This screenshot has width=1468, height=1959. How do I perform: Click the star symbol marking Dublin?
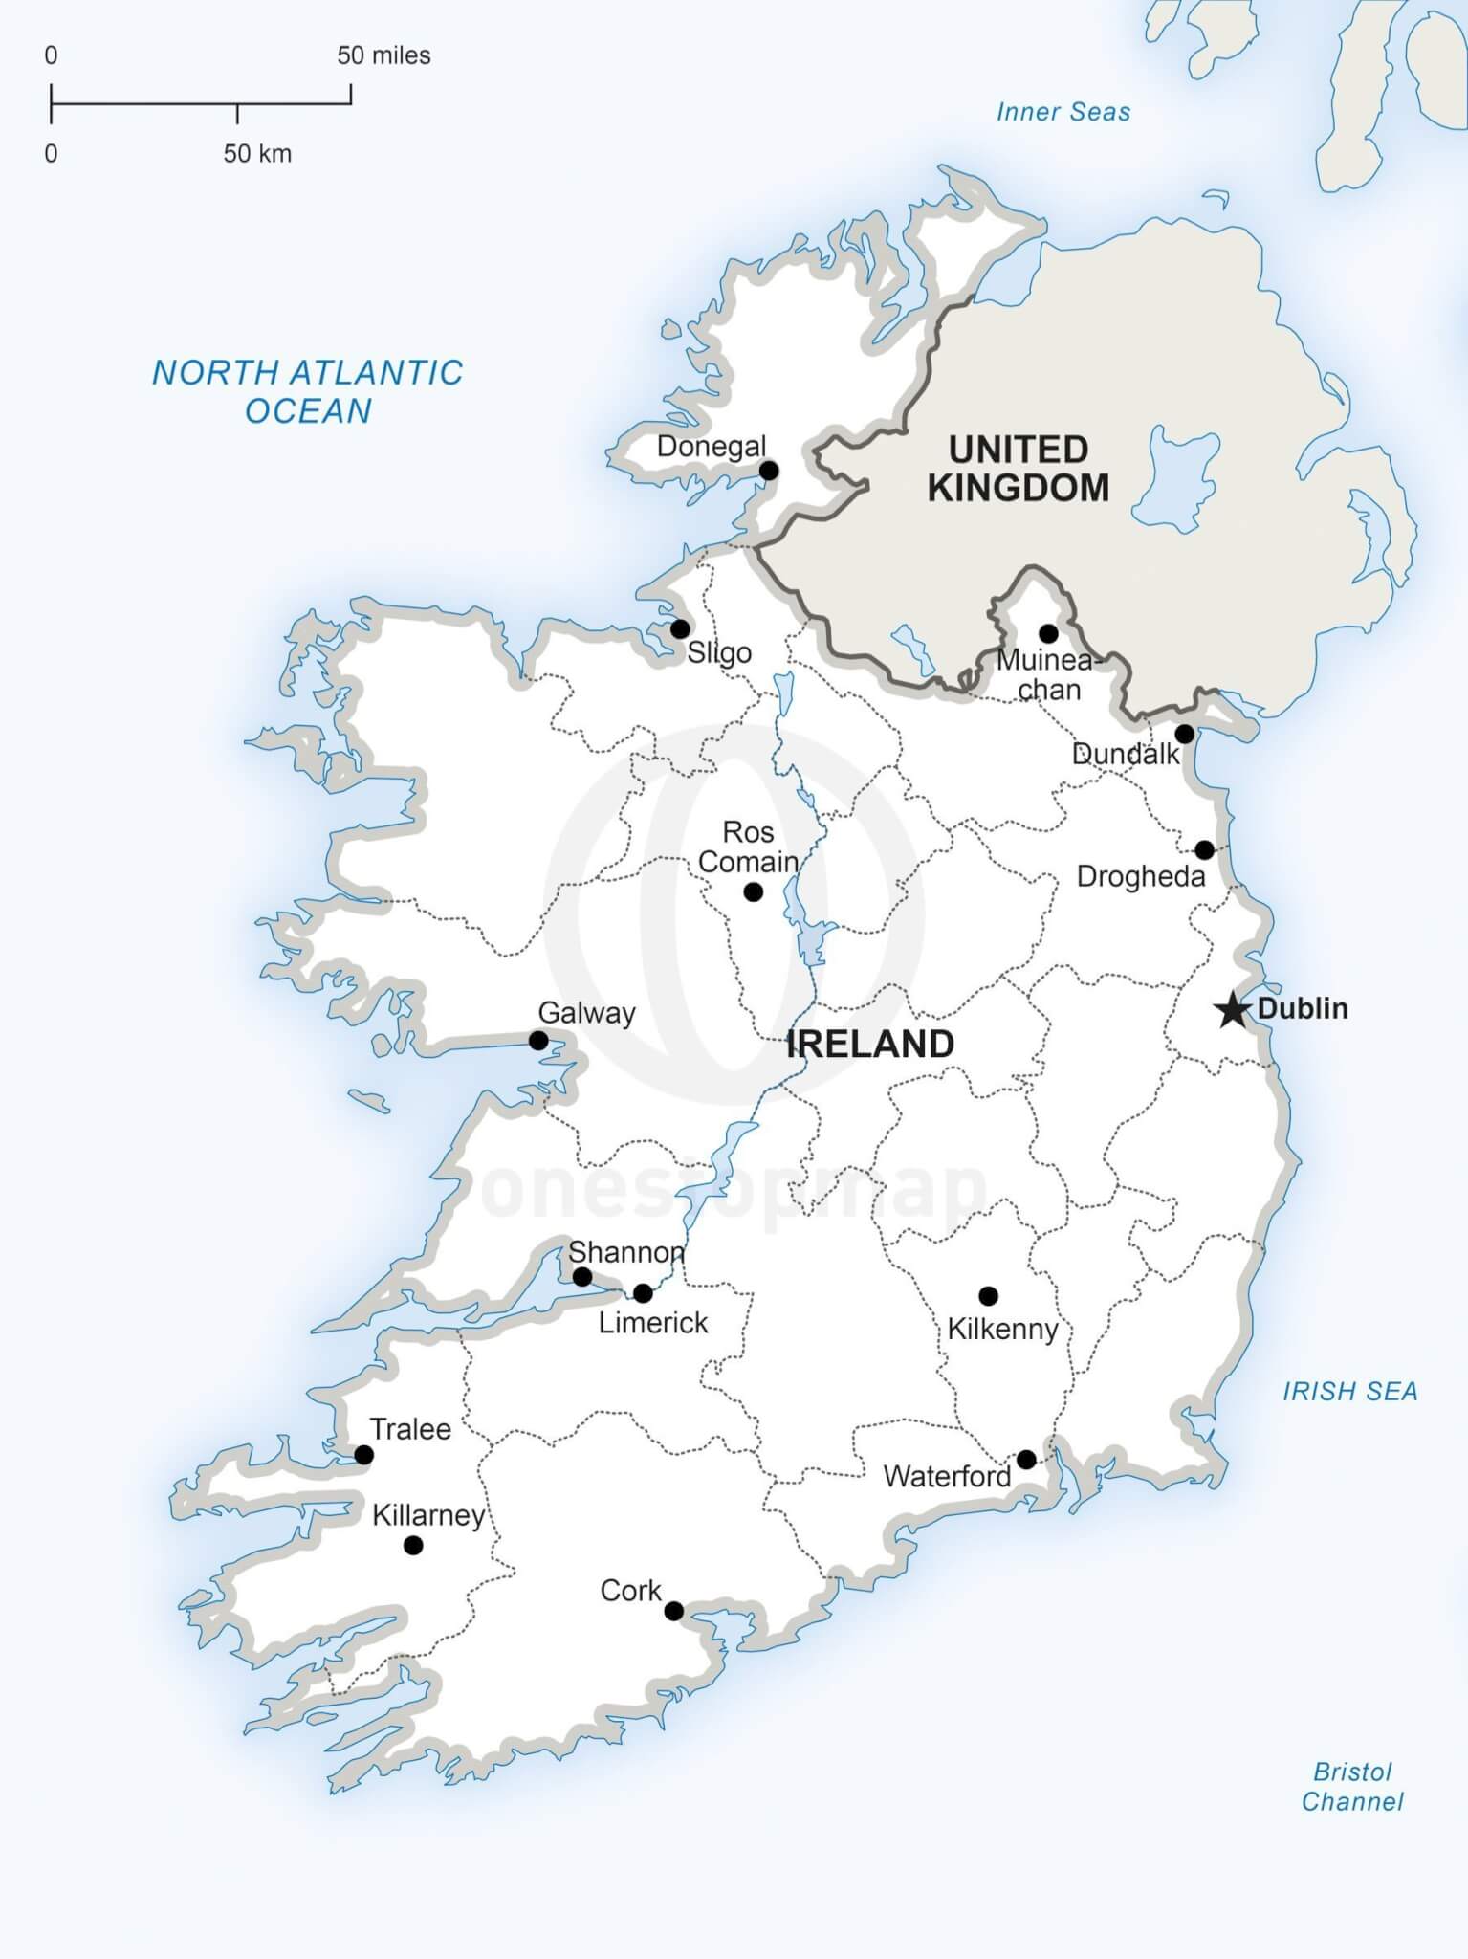(x=1233, y=1009)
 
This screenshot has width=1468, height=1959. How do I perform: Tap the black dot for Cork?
(x=673, y=1611)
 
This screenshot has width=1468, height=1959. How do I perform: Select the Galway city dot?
(x=538, y=1041)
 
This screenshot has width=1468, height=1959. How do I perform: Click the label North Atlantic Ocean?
(x=308, y=391)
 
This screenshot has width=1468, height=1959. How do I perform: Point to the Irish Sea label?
(x=1349, y=1392)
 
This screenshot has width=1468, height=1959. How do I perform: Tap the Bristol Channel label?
(x=1351, y=1787)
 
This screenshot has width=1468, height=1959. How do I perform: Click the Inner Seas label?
(x=1063, y=112)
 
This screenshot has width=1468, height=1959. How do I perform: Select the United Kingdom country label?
(x=1019, y=469)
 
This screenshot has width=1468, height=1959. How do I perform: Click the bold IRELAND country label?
(x=869, y=1044)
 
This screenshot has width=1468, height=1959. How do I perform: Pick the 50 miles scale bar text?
(x=383, y=55)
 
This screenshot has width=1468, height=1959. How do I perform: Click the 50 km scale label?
(x=257, y=154)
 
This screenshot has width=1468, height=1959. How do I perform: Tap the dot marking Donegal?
(x=768, y=471)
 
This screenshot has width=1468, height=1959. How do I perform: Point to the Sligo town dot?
(x=680, y=629)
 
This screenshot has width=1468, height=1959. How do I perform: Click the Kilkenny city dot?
(x=988, y=1296)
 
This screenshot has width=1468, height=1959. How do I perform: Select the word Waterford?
(x=947, y=1476)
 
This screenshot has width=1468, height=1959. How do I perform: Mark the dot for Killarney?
(x=413, y=1546)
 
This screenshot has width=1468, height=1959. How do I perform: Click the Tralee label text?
(x=410, y=1429)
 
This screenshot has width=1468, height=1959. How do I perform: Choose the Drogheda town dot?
(x=1204, y=849)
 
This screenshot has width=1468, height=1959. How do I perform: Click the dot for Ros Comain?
(x=753, y=892)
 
